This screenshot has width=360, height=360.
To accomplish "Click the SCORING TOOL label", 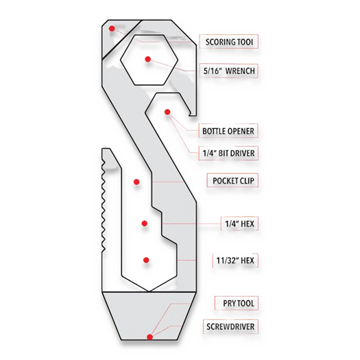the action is (229, 42).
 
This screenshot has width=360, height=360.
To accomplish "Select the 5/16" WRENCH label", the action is (229, 71).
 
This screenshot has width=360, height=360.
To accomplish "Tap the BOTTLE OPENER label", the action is (228, 131).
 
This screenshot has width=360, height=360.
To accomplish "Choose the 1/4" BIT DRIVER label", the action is (228, 153).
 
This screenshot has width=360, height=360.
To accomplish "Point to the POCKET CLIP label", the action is (233, 181).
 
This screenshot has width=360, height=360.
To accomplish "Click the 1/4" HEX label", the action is (239, 224).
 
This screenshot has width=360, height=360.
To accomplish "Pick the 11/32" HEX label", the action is (235, 261).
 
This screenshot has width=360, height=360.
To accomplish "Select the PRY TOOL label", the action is (239, 303).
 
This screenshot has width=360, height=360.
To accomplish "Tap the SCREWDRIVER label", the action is (230, 326).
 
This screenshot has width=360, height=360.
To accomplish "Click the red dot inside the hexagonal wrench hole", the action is (148, 59).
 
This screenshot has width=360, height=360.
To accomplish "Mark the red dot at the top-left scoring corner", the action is (112, 29).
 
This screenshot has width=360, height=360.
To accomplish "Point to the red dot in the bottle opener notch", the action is (167, 112).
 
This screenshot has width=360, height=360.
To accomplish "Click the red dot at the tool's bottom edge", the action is (149, 337).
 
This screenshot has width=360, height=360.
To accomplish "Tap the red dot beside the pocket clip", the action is (136, 182).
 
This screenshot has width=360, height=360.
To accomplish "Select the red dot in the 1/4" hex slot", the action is (145, 223).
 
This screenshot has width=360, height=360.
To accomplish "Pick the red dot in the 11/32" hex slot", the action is (146, 260).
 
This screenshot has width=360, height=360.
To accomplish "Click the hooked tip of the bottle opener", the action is (190, 114).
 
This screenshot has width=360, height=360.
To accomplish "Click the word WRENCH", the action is (240, 71).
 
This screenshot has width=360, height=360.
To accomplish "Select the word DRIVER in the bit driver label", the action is (241, 153).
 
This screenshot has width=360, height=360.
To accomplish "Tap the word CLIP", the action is (248, 181).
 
